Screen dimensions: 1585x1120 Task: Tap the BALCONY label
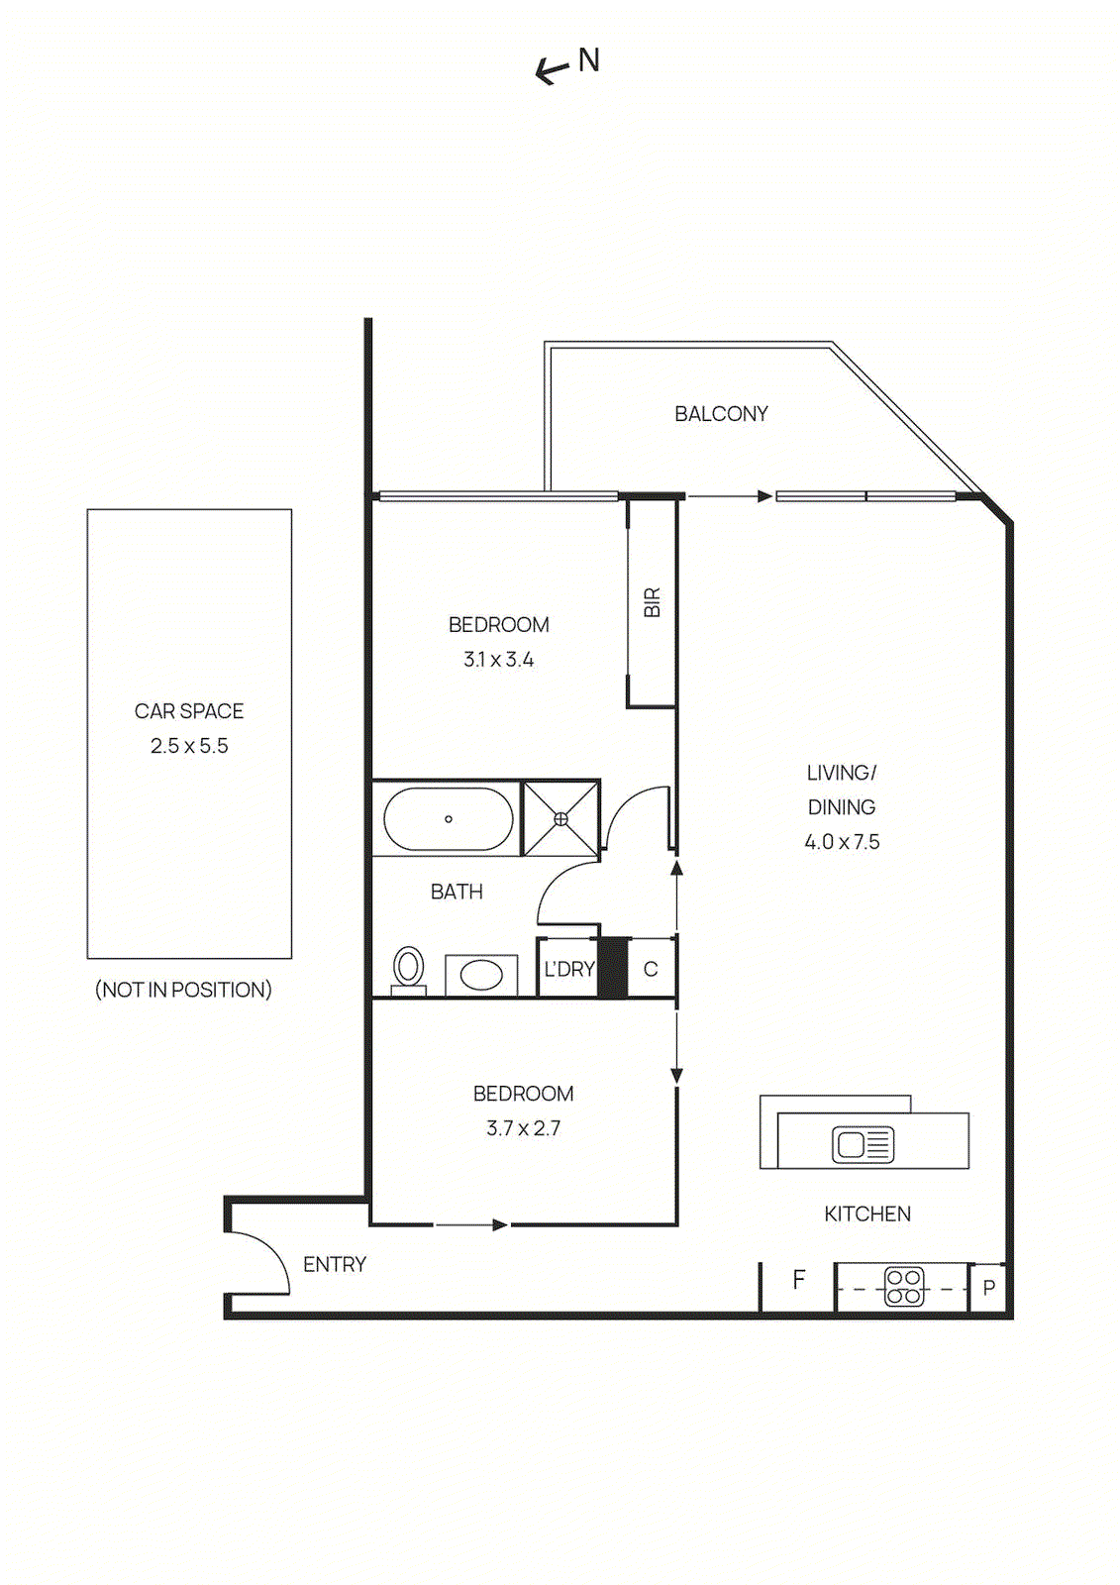point(721,414)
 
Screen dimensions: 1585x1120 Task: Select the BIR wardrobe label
point(652,602)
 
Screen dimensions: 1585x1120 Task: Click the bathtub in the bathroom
point(448,819)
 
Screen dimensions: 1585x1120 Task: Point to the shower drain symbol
point(560,819)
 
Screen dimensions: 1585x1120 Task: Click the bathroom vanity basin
point(481,975)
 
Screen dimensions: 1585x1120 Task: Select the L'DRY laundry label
point(568,970)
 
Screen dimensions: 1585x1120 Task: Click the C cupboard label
point(651,970)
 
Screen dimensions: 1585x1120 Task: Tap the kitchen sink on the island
point(863,1145)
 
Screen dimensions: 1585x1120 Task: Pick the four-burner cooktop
point(904,1287)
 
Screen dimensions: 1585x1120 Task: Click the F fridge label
point(798,1280)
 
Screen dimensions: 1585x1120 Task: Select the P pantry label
point(988,1289)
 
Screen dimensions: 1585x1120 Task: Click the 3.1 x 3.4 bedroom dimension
point(498,660)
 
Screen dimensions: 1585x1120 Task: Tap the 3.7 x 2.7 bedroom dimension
point(523,1128)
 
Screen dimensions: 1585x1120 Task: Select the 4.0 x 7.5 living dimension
point(842,842)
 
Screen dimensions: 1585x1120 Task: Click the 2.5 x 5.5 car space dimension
point(189,746)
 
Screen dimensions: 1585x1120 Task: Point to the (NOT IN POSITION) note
point(183,990)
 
